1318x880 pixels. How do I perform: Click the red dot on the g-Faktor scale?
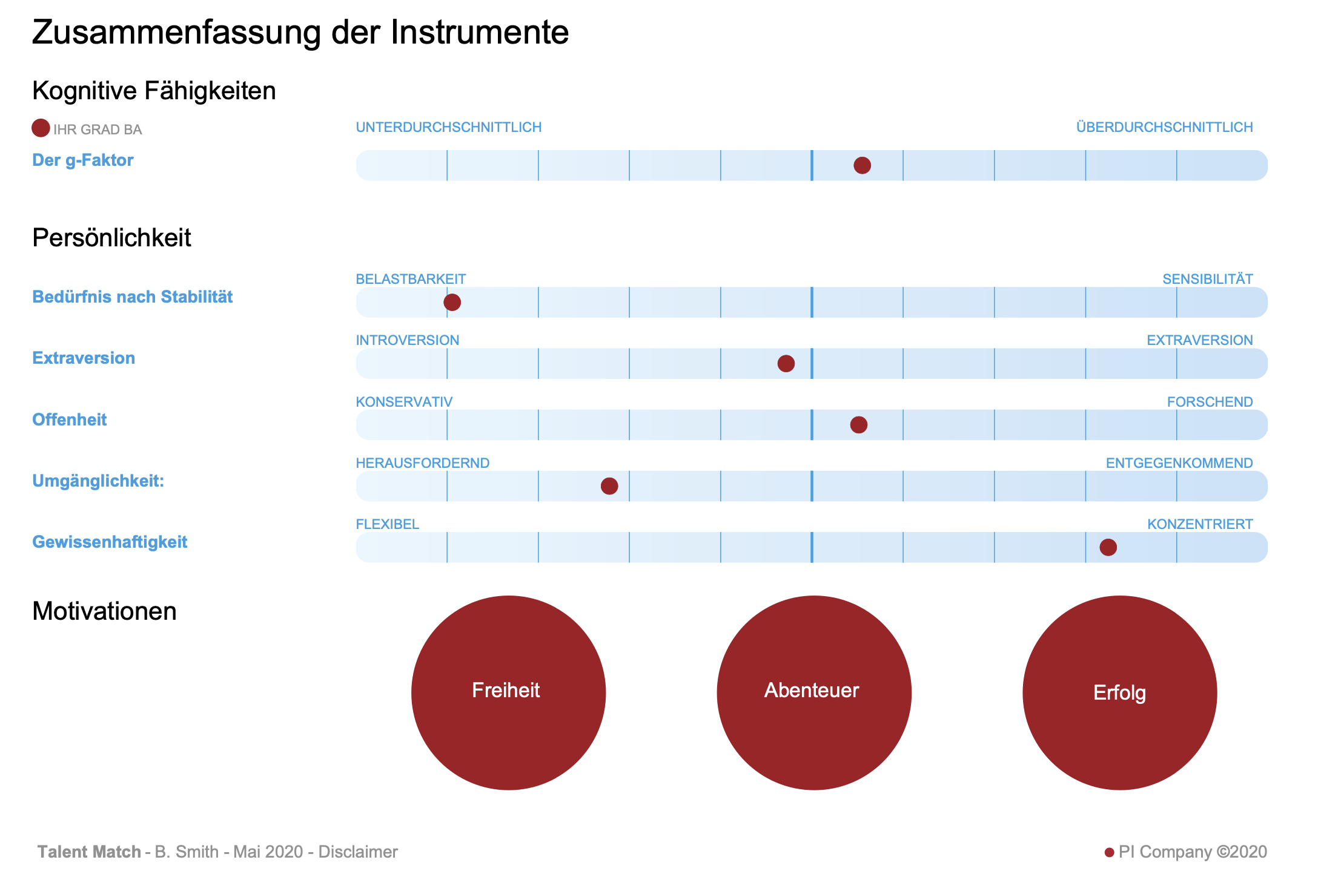(x=862, y=165)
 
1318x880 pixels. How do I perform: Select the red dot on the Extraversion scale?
(x=786, y=364)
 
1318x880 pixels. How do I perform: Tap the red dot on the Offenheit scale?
(x=858, y=425)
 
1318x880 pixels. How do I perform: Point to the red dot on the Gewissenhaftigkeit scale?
(x=1108, y=547)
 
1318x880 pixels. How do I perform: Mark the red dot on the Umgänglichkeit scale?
(x=609, y=486)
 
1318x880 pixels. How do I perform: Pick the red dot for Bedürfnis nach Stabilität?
(x=452, y=302)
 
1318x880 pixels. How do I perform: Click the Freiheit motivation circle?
(x=508, y=692)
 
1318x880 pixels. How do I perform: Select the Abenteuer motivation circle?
(x=813, y=692)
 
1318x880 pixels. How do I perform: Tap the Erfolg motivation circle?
(x=1119, y=692)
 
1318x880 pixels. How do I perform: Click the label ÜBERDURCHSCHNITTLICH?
(x=1164, y=128)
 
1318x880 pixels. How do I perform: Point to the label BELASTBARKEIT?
(x=411, y=279)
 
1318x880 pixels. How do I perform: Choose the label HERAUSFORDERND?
(x=422, y=463)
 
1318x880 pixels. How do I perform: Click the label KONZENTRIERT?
(x=1199, y=524)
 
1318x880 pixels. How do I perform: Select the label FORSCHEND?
(x=1210, y=402)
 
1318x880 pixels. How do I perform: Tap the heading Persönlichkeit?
(x=111, y=238)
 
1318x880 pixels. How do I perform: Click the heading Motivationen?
(x=104, y=611)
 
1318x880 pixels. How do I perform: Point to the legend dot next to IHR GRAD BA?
(x=41, y=128)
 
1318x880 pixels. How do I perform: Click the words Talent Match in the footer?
(x=89, y=852)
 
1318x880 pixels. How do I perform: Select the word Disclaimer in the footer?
(x=358, y=852)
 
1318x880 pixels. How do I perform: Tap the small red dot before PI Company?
(x=1109, y=852)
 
